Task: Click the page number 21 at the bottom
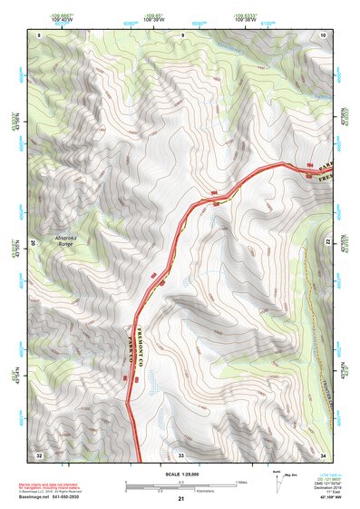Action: tap(180, 499)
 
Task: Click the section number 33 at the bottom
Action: tap(180, 454)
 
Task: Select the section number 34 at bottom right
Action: tap(324, 454)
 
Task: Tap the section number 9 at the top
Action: tap(181, 34)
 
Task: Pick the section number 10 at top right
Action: tap(324, 34)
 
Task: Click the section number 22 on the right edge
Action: tap(328, 242)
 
